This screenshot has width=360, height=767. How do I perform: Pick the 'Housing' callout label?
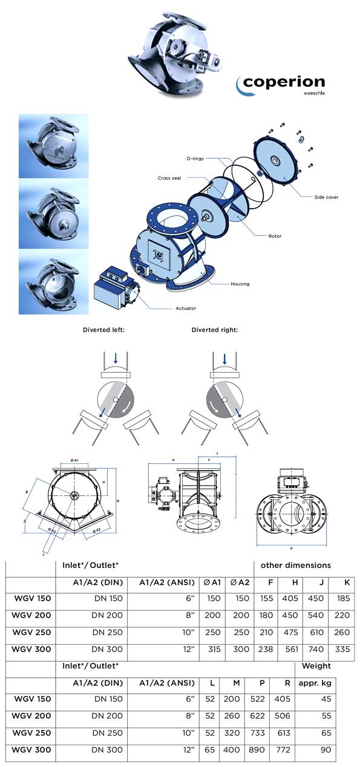[x=240, y=283]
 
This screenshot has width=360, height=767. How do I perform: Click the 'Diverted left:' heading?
[x=103, y=330]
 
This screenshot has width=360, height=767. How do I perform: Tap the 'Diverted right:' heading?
[x=215, y=330]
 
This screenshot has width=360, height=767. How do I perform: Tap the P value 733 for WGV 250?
[x=257, y=733]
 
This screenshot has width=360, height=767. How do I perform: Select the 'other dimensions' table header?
[x=296, y=565]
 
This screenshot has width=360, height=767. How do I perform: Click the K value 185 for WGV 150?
[x=342, y=598]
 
